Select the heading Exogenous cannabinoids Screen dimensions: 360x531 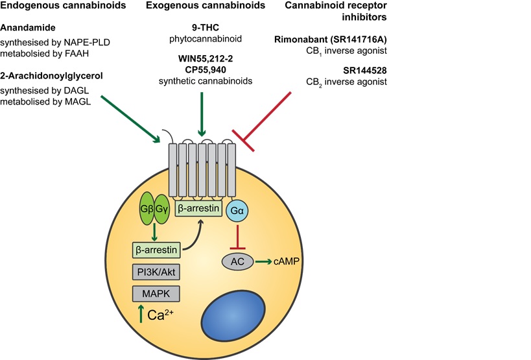206,6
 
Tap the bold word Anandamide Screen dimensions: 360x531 29,29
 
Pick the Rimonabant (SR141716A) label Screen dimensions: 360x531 331,40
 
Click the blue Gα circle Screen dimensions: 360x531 237,210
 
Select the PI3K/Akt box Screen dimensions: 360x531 156,271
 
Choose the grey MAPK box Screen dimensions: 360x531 156,294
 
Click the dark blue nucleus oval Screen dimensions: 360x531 236,313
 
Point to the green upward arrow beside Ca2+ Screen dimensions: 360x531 139,315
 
